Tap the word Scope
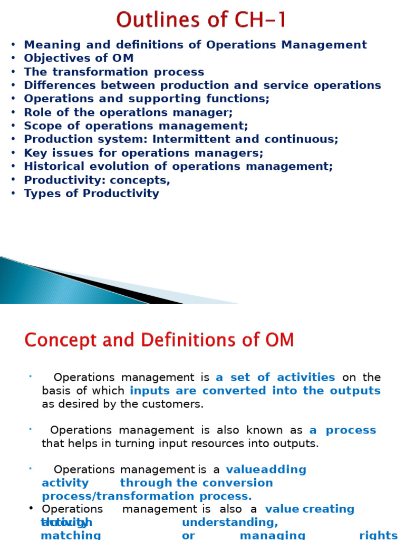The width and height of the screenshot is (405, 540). click(x=41, y=126)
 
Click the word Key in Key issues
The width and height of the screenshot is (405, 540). click(x=35, y=153)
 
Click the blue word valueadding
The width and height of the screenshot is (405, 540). click(x=266, y=469)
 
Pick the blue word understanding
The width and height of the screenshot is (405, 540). click(x=230, y=522)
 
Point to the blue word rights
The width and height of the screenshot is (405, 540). click(x=378, y=535)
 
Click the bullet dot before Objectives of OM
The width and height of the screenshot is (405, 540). click(x=13, y=59)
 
